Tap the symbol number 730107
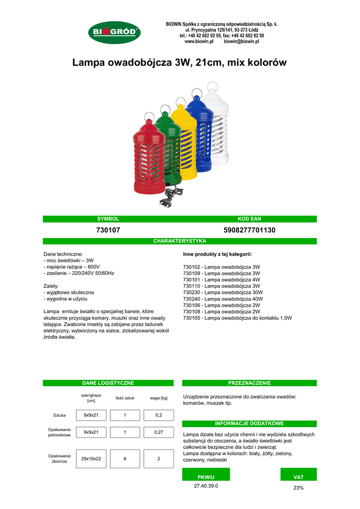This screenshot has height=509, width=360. [x=108, y=230]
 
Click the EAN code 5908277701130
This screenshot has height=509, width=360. [x=250, y=230]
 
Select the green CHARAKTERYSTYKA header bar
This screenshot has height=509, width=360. [x=180, y=241]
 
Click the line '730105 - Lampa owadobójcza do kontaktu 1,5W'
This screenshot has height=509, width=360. [x=237, y=318]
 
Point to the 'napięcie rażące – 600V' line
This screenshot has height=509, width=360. [x=72, y=267]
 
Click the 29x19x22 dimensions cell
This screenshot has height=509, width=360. [x=91, y=459]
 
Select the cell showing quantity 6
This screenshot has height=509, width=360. [x=125, y=459]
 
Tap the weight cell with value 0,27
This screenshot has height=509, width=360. [x=159, y=432]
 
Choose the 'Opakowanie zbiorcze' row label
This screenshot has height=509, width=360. [x=59, y=458]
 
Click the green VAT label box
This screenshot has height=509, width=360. [x=298, y=477]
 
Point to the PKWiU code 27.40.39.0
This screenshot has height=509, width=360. [x=206, y=486]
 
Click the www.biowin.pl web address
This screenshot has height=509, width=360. [x=199, y=42]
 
